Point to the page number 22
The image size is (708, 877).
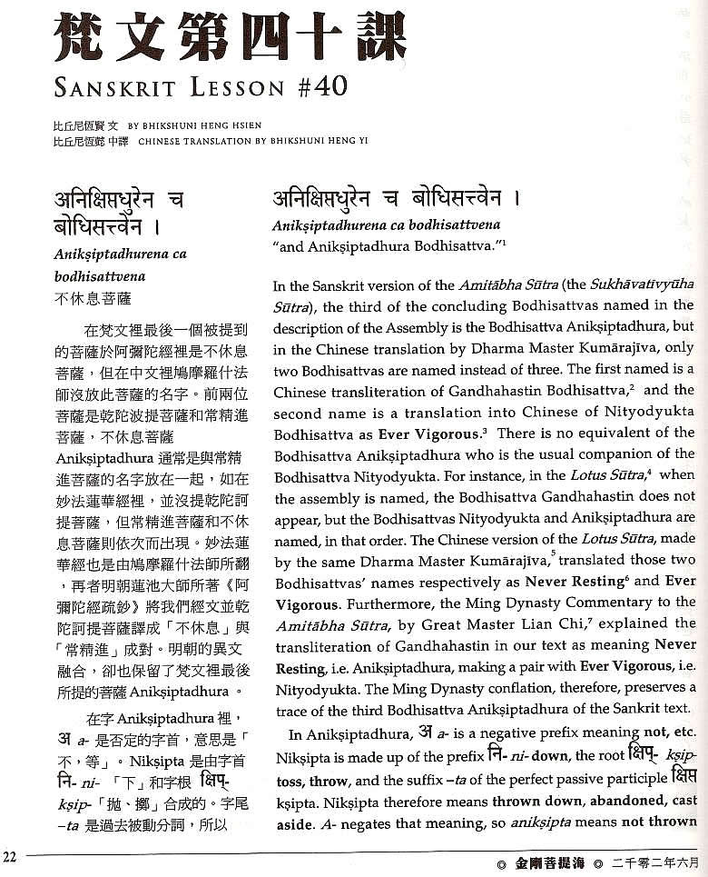pos(10,856)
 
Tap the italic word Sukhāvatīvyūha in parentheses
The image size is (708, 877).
pos(635,285)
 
